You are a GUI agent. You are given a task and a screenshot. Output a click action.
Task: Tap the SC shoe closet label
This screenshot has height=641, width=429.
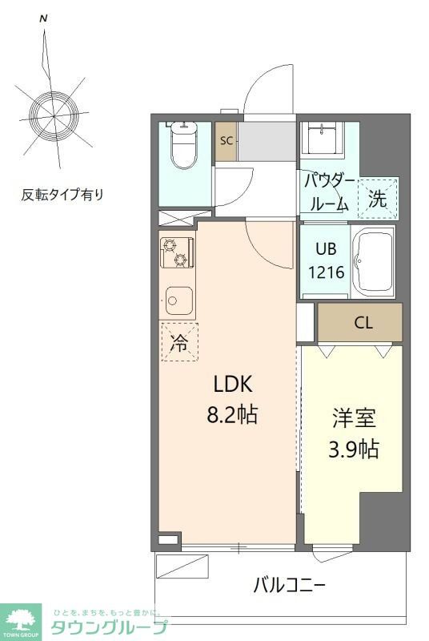point(226,141)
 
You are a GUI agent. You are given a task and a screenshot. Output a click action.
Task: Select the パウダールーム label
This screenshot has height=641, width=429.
point(327,191)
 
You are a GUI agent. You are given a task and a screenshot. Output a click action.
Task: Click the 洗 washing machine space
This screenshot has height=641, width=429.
point(378,199)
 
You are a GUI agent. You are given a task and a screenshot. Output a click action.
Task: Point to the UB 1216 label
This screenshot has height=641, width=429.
point(327,261)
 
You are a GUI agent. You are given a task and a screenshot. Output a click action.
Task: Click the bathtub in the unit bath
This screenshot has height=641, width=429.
point(374,262)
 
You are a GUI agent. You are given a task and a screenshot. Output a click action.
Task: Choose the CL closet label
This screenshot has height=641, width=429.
point(363,324)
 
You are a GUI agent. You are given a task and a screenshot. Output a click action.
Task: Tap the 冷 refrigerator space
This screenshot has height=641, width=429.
point(179,343)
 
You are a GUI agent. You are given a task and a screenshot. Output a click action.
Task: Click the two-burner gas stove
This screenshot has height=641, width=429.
point(176,253)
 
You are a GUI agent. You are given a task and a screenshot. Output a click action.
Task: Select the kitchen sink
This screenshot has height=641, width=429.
point(179,302)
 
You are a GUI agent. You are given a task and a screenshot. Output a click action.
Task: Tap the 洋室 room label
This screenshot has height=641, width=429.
point(355,418)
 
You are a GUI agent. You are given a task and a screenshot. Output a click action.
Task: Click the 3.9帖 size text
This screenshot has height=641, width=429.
point(355,449)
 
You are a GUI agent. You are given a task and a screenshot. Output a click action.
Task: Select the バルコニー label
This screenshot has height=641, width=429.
point(290,585)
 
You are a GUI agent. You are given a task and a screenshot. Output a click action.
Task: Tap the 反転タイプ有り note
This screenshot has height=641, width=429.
point(62,195)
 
